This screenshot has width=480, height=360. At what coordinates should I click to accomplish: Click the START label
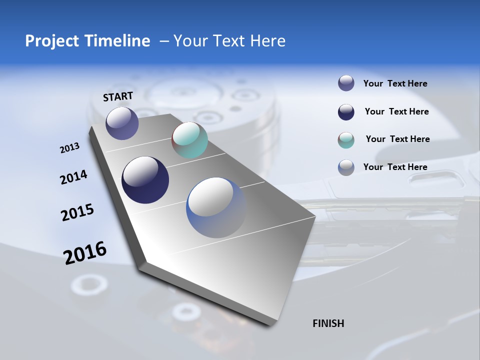[118, 96]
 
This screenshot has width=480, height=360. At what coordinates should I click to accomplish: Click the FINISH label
[328, 323]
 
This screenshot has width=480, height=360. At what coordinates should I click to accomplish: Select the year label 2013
[69, 148]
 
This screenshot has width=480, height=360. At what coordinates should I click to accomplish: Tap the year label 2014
[73, 177]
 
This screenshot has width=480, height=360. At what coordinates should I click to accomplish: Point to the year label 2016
[85, 253]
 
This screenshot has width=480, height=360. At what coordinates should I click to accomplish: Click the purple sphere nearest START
[122, 123]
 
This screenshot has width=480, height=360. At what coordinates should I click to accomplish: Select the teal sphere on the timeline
[189, 140]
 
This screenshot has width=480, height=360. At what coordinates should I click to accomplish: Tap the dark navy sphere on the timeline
[145, 180]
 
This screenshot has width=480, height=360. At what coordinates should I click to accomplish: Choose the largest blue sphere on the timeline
[216, 207]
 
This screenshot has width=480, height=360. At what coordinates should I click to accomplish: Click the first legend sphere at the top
[346, 83]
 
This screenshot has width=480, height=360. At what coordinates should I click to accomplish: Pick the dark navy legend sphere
[346, 112]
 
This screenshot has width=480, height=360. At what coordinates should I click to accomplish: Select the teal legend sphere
[346, 140]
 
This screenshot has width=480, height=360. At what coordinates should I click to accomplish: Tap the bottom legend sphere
[346, 167]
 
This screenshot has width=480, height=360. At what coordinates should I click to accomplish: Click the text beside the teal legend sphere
[397, 139]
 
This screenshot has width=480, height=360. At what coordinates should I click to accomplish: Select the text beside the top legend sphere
[395, 83]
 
